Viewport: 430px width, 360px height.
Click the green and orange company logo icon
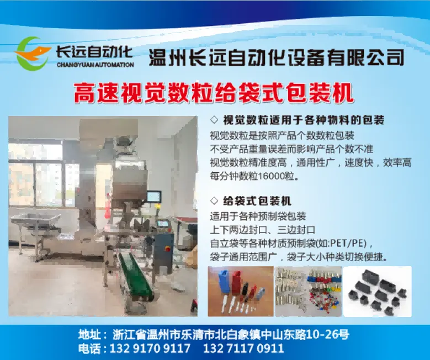pyautogui.click(x=33, y=54)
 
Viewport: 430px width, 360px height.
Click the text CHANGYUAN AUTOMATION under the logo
pyautogui.click(x=95, y=65)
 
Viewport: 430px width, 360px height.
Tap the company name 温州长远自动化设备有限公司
pyautogui.click(x=277, y=57)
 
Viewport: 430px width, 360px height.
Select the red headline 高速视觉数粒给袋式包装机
pyautogui.click(x=214, y=93)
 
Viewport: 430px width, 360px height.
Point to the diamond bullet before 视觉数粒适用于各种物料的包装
pyautogui.click(x=214, y=120)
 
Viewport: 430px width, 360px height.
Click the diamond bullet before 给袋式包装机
pyautogui.click(x=214, y=200)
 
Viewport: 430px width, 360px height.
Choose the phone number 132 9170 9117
pyautogui.click(x=150, y=348)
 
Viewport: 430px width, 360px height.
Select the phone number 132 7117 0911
pyautogui.click(x=243, y=348)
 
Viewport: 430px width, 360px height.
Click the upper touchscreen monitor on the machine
pyautogui.click(x=154, y=197)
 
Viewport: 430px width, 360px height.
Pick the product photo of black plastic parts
pyautogui.click(x=378, y=292)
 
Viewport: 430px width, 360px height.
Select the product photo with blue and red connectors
pyautogui.click(x=241, y=292)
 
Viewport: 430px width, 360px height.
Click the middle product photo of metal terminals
pyautogui.click(x=308, y=292)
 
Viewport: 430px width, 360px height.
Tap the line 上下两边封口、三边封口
pyautogui.click(x=262, y=230)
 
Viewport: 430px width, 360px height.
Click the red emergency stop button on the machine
pyautogui.click(x=166, y=248)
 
